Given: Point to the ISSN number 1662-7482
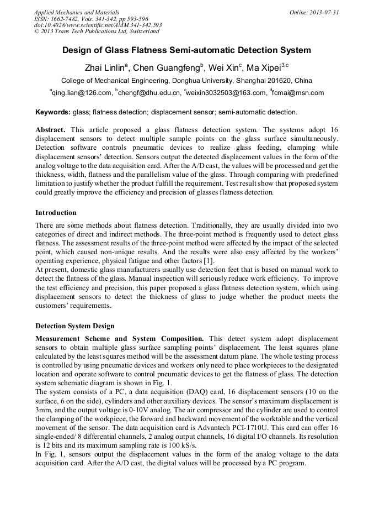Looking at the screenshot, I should click(x=66, y=19).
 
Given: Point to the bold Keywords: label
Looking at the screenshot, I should click(x=53, y=112).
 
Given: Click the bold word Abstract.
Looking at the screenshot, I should click(x=50, y=129).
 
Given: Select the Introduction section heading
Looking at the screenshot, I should click(x=56, y=213).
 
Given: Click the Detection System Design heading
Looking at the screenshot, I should click(x=74, y=326).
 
